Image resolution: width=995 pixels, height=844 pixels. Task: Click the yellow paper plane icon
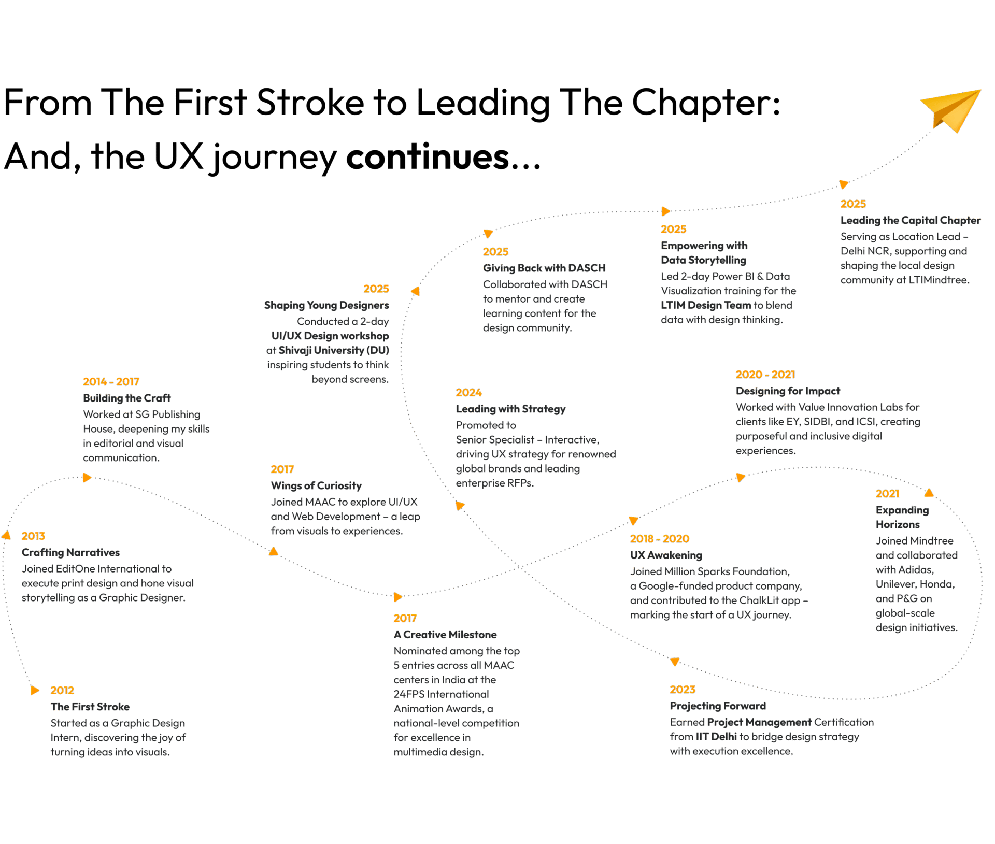click(953, 110)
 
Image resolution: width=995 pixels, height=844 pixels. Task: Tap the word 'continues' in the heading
click(428, 156)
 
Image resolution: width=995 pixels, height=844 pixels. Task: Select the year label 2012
click(62, 690)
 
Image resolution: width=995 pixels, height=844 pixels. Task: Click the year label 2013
click(33, 536)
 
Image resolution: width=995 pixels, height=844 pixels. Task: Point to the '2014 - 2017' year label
click(111, 382)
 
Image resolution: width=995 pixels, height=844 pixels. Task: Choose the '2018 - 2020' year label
click(659, 539)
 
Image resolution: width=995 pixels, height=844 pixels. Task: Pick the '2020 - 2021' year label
click(765, 375)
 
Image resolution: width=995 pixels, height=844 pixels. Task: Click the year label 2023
click(682, 690)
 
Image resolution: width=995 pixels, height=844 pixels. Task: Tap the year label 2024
click(468, 393)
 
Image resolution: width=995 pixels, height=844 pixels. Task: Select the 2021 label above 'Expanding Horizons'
click(887, 494)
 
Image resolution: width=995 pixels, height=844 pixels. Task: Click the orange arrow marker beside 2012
click(35, 690)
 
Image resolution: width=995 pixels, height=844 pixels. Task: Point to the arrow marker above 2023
click(675, 662)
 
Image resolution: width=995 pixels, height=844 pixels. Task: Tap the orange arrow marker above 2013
click(6, 535)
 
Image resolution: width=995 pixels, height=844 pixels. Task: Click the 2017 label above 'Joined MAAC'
click(282, 469)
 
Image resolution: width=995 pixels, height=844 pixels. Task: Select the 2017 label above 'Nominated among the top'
click(405, 618)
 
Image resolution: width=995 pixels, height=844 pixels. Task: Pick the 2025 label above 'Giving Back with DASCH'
click(495, 252)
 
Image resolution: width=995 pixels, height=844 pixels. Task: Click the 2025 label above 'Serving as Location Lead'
click(853, 204)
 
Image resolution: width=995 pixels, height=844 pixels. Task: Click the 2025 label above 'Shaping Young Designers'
click(376, 289)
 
